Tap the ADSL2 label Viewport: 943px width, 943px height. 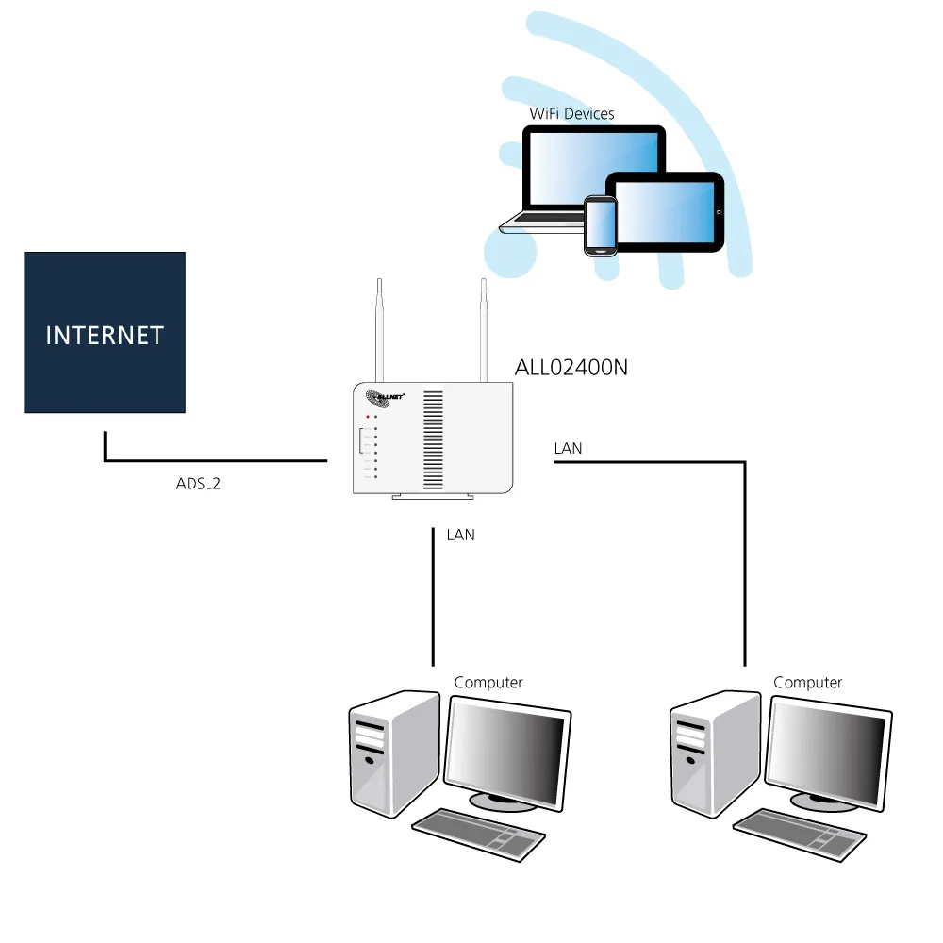click(x=198, y=485)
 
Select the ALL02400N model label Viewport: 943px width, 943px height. click(x=571, y=368)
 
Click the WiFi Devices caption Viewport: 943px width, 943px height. click(x=571, y=114)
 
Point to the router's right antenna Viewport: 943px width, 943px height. click(x=483, y=330)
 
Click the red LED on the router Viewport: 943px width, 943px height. click(x=369, y=416)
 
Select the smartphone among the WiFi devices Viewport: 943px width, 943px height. click(x=600, y=224)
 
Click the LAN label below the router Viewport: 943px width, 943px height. click(x=460, y=535)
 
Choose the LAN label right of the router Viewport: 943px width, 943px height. click(x=568, y=449)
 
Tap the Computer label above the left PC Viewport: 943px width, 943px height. click(x=488, y=682)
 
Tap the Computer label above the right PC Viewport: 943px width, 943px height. click(x=807, y=682)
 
